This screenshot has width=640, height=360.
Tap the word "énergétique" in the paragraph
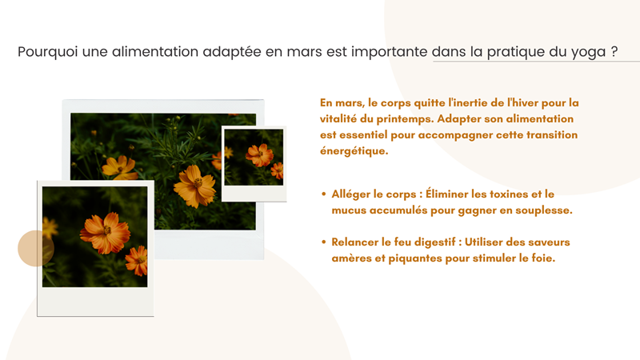(354, 150)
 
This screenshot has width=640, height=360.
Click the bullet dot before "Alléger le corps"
(323, 194)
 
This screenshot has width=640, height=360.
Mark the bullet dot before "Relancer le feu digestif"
(323, 242)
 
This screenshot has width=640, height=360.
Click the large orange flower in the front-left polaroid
(105, 232)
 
